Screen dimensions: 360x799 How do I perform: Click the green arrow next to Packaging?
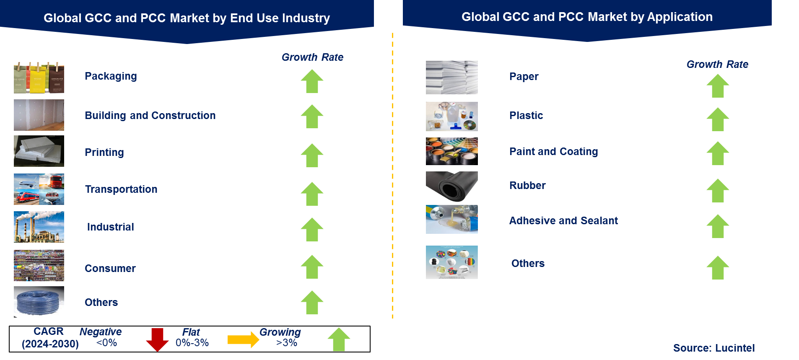click(x=312, y=81)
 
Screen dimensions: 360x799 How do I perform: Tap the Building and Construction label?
click(x=150, y=115)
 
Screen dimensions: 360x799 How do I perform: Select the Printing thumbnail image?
click(x=39, y=151)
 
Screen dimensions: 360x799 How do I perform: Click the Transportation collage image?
click(x=39, y=189)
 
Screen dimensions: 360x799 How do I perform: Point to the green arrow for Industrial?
click(x=312, y=229)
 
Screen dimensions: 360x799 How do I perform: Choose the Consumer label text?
click(x=110, y=268)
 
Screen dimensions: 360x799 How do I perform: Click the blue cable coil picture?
click(x=39, y=302)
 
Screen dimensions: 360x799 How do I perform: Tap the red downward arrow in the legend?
click(x=157, y=339)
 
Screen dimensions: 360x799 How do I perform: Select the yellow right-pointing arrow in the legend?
click(x=243, y=339)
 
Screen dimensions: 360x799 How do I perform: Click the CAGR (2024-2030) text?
click(x=49, y=338)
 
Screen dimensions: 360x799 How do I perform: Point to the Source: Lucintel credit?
click(x=713, y=348)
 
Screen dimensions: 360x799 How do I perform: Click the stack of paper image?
click(x=451, y=78)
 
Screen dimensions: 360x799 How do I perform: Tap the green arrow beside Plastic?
click(x=718, y=119)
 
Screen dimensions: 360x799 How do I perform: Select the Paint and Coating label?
click(x=553, y=151)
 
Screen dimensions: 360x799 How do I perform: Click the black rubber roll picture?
click(x=451, y=187)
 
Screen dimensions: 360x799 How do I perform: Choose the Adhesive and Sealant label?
click(x=563, y=220)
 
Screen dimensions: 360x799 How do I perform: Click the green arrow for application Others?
click(x=718, y=268)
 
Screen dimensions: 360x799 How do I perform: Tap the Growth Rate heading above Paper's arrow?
click(x=717, y=64)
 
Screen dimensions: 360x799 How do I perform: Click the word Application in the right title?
click(x=680, y=17)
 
